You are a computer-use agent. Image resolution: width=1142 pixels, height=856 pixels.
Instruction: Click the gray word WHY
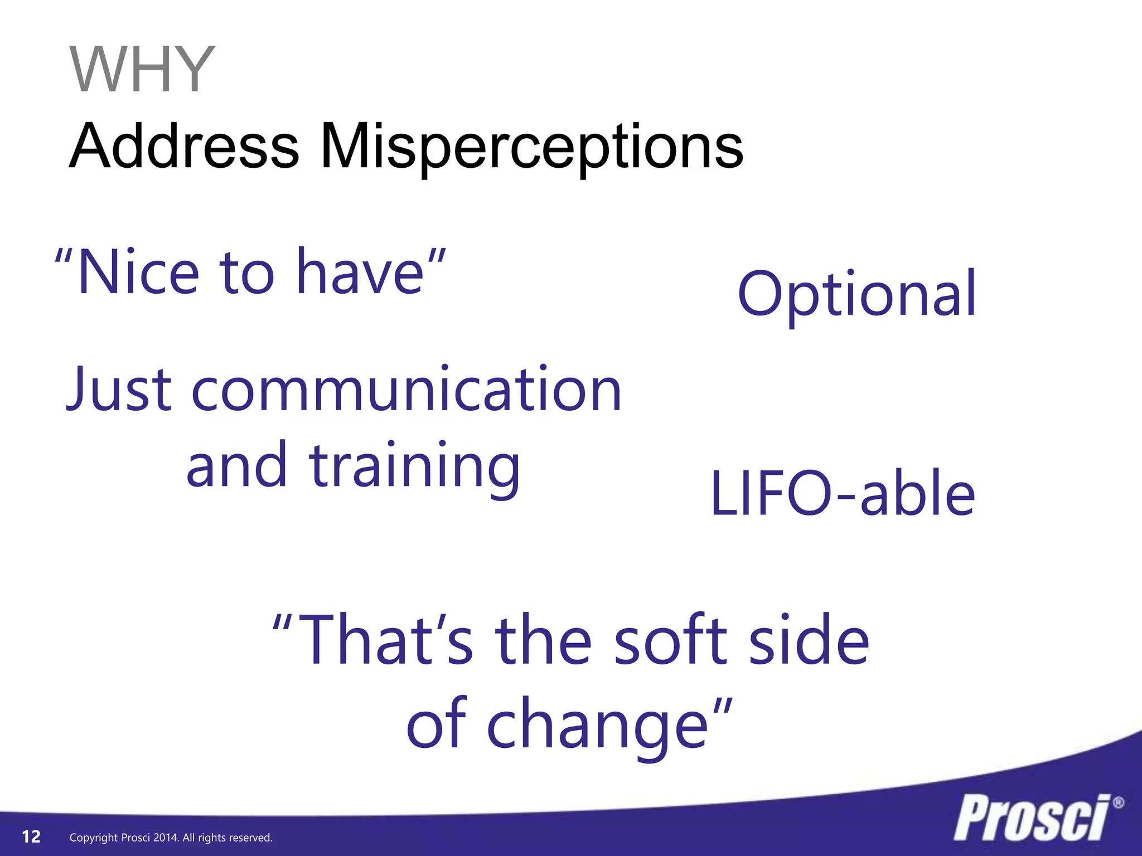[x=142, y=70]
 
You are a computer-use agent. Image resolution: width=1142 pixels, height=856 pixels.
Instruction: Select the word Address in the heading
[x=184, y=146]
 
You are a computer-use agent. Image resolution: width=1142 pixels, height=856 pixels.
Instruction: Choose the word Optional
[x=856, y=294]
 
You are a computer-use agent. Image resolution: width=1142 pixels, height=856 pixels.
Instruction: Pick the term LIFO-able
[x=843, y=494]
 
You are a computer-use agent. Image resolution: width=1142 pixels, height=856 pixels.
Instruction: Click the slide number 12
[x=31, y=836]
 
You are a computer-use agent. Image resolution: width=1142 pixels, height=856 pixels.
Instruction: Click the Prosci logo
[x=1032, y=818]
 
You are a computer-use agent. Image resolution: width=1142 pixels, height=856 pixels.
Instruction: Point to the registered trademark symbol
[x=1118, y=803]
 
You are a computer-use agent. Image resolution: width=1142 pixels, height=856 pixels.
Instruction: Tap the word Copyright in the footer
[x=94, y=838]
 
